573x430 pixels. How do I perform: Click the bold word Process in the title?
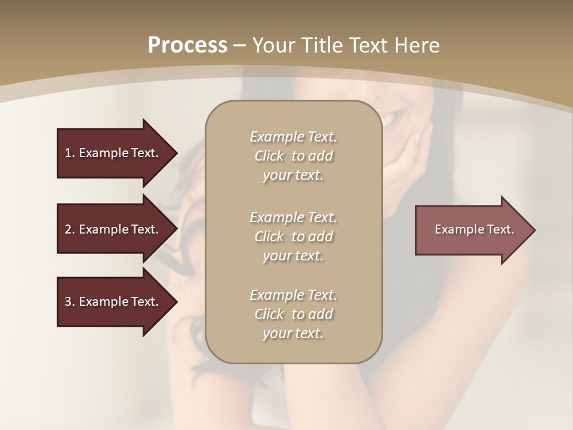(x=187, y=45)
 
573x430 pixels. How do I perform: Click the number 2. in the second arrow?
(x=70, y=229)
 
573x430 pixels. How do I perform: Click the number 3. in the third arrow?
(x=70, y=302)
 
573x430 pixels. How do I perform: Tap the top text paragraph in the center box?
(x=293, y=156)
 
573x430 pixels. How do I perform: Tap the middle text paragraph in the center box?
(x=293, y=236)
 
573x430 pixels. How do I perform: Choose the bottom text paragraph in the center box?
(x=293, y=314)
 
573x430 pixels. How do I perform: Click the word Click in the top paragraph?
(x=269, y=156)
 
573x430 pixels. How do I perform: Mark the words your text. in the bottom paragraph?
(x=293, y=333)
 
